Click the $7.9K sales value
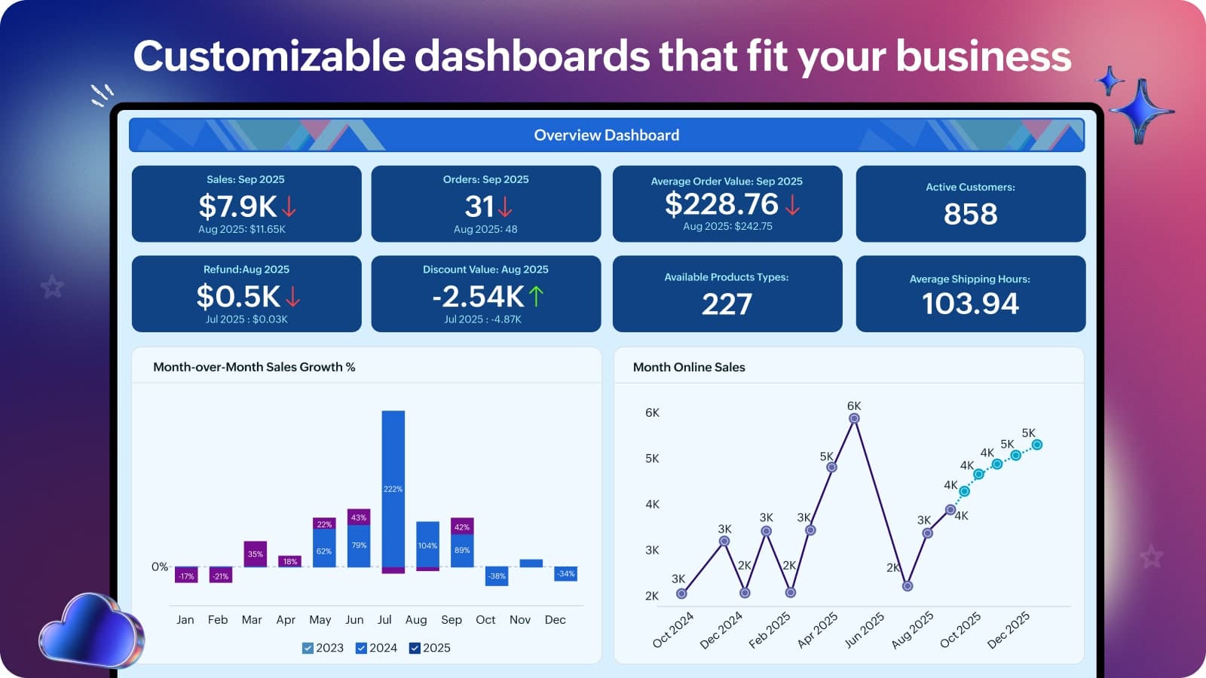[x=237, y=206]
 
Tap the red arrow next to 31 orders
[x=505, y=206]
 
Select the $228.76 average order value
[x=721, y=204]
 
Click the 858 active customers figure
[x=970, y=215]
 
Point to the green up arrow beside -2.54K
[x=535, y=296]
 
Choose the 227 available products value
[x=727, y=304]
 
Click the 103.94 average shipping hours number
[x=970, y=304]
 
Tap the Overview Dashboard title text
[x=606, y=136]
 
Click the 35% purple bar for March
[x=256, y=554]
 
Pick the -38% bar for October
[x=496, y=576]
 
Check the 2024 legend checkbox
[x=361, y=648]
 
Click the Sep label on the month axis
[x=451, y=620]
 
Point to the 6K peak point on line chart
[x=854, y=418]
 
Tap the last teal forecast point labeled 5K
[x=1037, y=445]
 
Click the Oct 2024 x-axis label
[x=673, y=630]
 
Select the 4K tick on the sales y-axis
[x=652, y=504]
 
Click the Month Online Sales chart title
[x=689, y=367]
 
